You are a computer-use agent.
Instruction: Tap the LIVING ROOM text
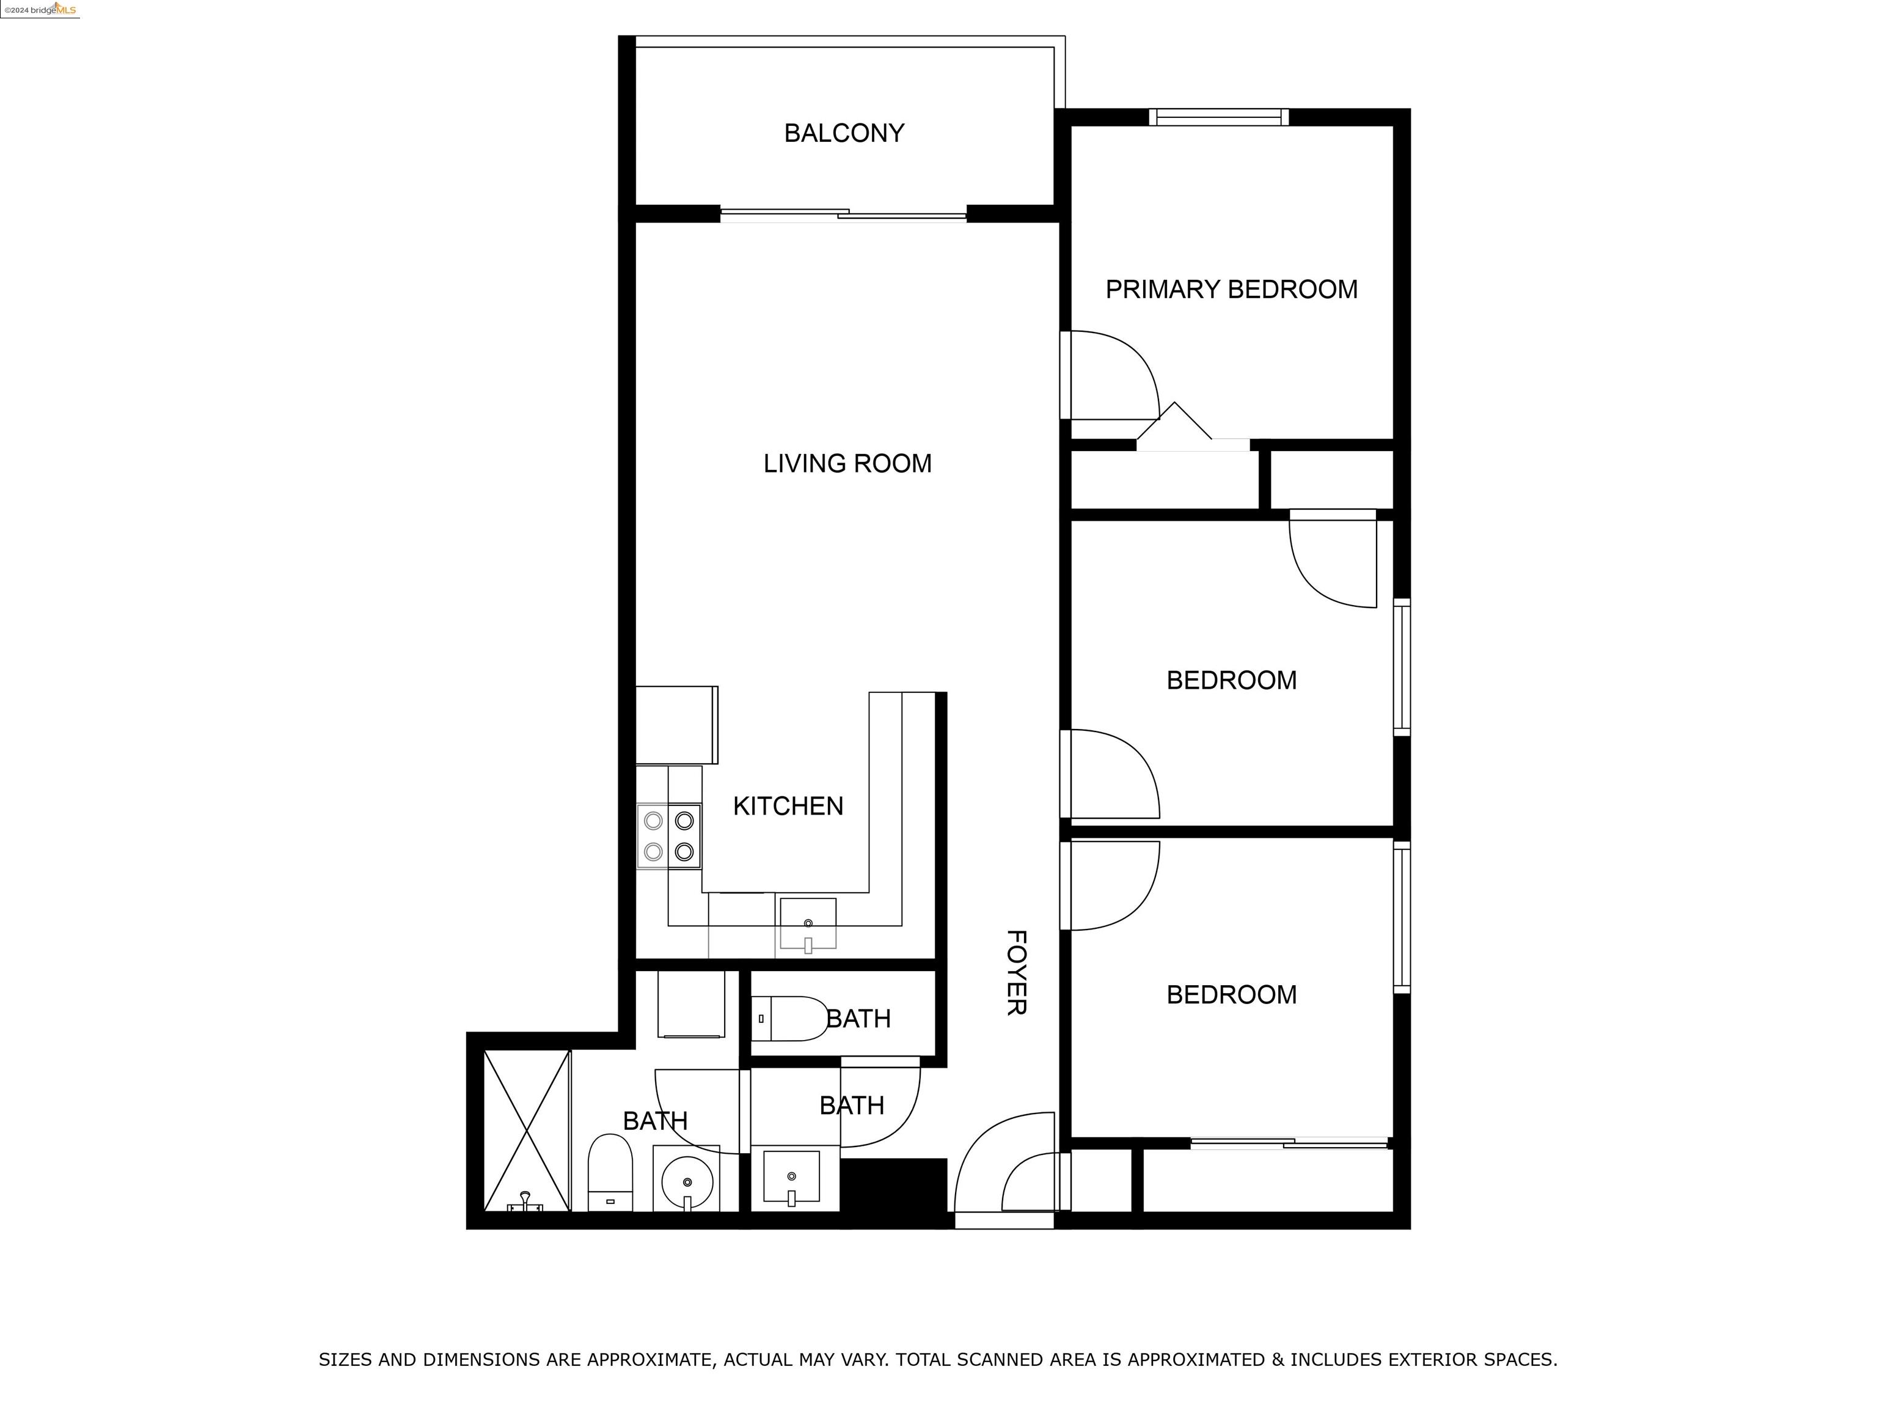point(847,463)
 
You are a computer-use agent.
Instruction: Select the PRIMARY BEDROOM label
point(1231,290)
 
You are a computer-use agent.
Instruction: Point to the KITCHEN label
point(788,805)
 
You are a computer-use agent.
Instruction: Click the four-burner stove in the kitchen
point(668,836)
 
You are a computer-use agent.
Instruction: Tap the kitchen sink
point(808,923)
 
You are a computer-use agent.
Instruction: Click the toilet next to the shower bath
point(610,1171)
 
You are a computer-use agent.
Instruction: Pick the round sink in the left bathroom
point(686,1181)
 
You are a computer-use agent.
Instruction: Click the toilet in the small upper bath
point(789,1019)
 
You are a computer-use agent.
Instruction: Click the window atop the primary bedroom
point(1218,117)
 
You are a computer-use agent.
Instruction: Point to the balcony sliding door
point(843,214)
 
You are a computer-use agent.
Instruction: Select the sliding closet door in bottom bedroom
point(1288,1144)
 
